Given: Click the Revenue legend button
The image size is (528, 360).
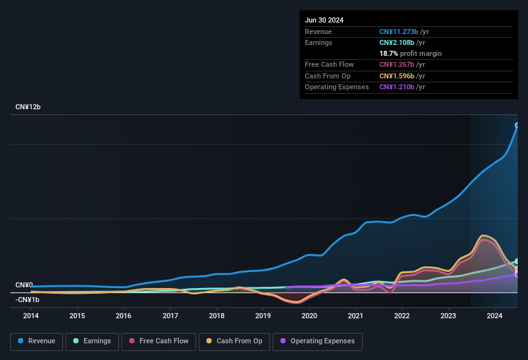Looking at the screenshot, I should [37, 341].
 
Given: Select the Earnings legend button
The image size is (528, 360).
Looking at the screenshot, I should [93, 341].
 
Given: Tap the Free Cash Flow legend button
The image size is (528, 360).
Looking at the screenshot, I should [159, 341].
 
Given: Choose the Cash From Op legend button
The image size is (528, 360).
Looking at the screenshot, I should [235, 341].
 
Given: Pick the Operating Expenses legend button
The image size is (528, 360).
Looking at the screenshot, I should [318, 341].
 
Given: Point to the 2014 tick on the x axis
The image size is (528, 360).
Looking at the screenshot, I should [31, 316].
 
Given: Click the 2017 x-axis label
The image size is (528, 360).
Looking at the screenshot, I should [170, 316].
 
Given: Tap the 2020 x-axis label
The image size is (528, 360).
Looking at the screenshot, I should [309, 316].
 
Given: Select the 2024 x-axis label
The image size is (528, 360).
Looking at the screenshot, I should [495, 316].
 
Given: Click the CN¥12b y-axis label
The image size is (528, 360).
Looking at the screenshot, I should [28, 107].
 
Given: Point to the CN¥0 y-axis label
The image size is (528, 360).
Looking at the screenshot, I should [24, 285].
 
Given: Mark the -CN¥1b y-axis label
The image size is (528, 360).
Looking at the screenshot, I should [28, 300].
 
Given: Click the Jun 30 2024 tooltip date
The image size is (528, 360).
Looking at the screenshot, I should [324, 20].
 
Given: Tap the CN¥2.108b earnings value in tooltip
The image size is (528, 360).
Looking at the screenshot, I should [397, 42].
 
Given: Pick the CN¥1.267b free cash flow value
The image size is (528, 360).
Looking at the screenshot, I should [397, 64].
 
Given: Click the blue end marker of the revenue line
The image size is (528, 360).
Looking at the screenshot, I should [517, 125].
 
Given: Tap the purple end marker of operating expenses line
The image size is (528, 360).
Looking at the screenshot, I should [517, 274].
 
